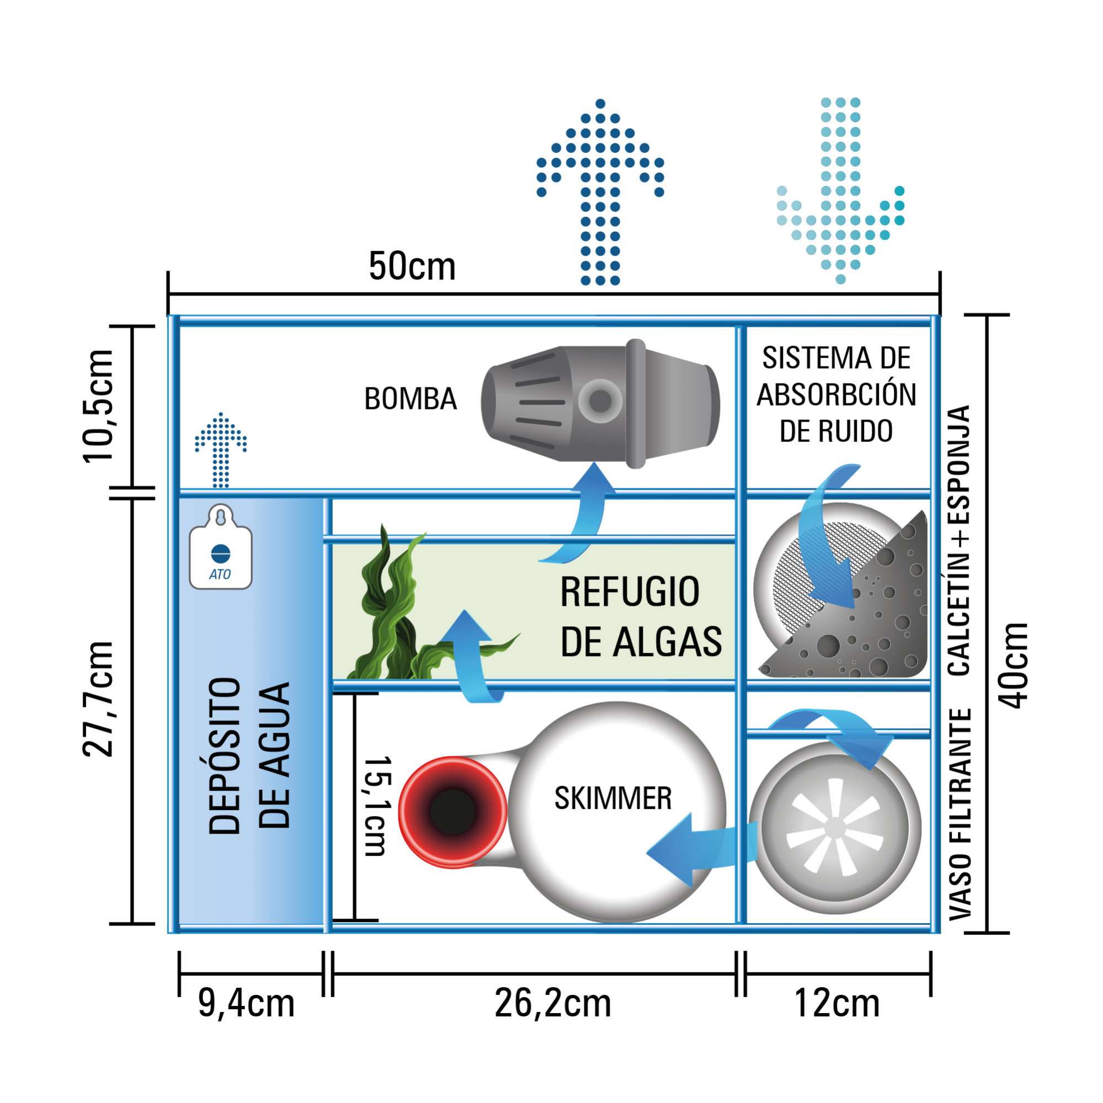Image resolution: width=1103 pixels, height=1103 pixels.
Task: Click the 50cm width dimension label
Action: tap(412, 266)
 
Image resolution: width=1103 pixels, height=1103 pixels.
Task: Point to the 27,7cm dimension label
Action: tap(99, 699)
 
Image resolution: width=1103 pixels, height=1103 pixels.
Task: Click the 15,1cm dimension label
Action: tap(377, 806)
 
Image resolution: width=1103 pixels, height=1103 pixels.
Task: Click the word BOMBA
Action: tap(411, 399)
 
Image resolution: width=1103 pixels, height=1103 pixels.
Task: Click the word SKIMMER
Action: tap(612, 798)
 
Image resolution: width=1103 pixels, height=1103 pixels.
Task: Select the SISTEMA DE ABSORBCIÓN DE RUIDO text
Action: tap(836, 395)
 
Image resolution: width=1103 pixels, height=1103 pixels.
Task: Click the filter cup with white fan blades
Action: tap(835, 828)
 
